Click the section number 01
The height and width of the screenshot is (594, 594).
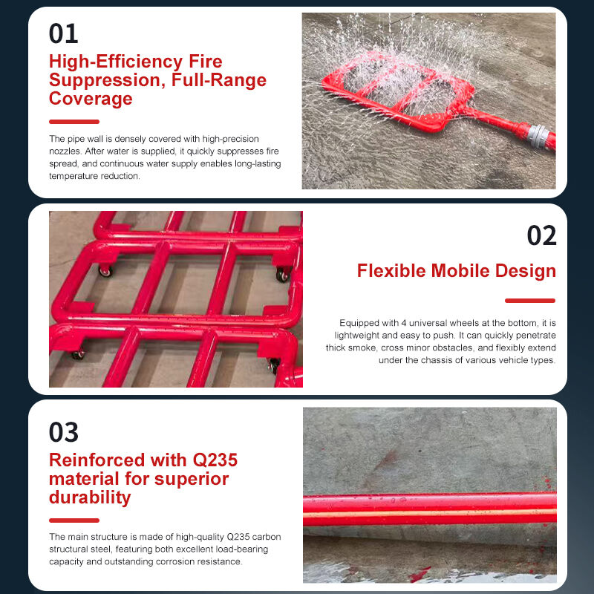coord(64,33)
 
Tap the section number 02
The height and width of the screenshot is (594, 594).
coord(541,235)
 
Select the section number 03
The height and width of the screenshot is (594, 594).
coord(64,432)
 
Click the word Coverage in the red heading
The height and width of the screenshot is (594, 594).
coord(91,99)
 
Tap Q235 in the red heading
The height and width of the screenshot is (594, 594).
coord(209,460)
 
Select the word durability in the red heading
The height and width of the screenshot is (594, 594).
coord(90,497)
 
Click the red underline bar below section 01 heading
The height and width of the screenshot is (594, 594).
coord(74,122)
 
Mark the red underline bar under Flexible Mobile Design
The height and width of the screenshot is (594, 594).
coord(530,301)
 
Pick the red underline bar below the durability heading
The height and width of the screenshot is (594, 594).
coord(74,520)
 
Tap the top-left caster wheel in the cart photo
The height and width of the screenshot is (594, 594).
coord(105,271)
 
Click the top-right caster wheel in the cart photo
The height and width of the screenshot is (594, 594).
coord(281,275)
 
